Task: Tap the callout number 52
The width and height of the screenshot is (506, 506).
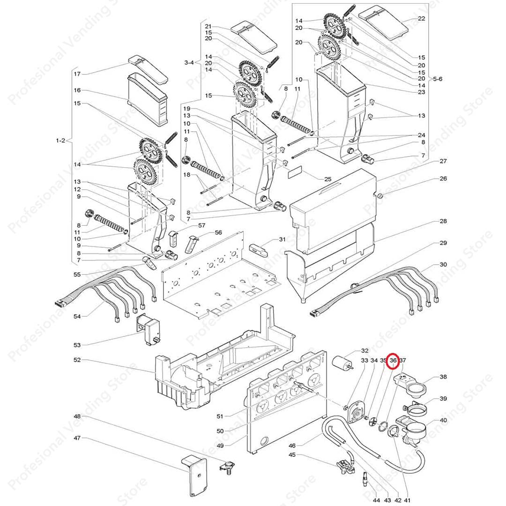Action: click(x=77, y=360)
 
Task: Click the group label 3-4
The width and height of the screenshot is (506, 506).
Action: click(x=189, y=62)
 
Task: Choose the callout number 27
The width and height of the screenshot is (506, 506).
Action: click(x=443, y=161)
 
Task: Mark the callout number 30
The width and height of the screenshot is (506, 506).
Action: click(x=443, y=265)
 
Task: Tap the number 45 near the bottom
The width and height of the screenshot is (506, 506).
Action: click(x=292, y=454)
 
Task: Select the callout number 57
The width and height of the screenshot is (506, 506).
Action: click(x=201, y=225)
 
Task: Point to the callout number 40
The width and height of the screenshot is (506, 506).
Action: click(x=443, y=420)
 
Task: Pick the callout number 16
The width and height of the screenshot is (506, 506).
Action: click(x=77, y=90)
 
